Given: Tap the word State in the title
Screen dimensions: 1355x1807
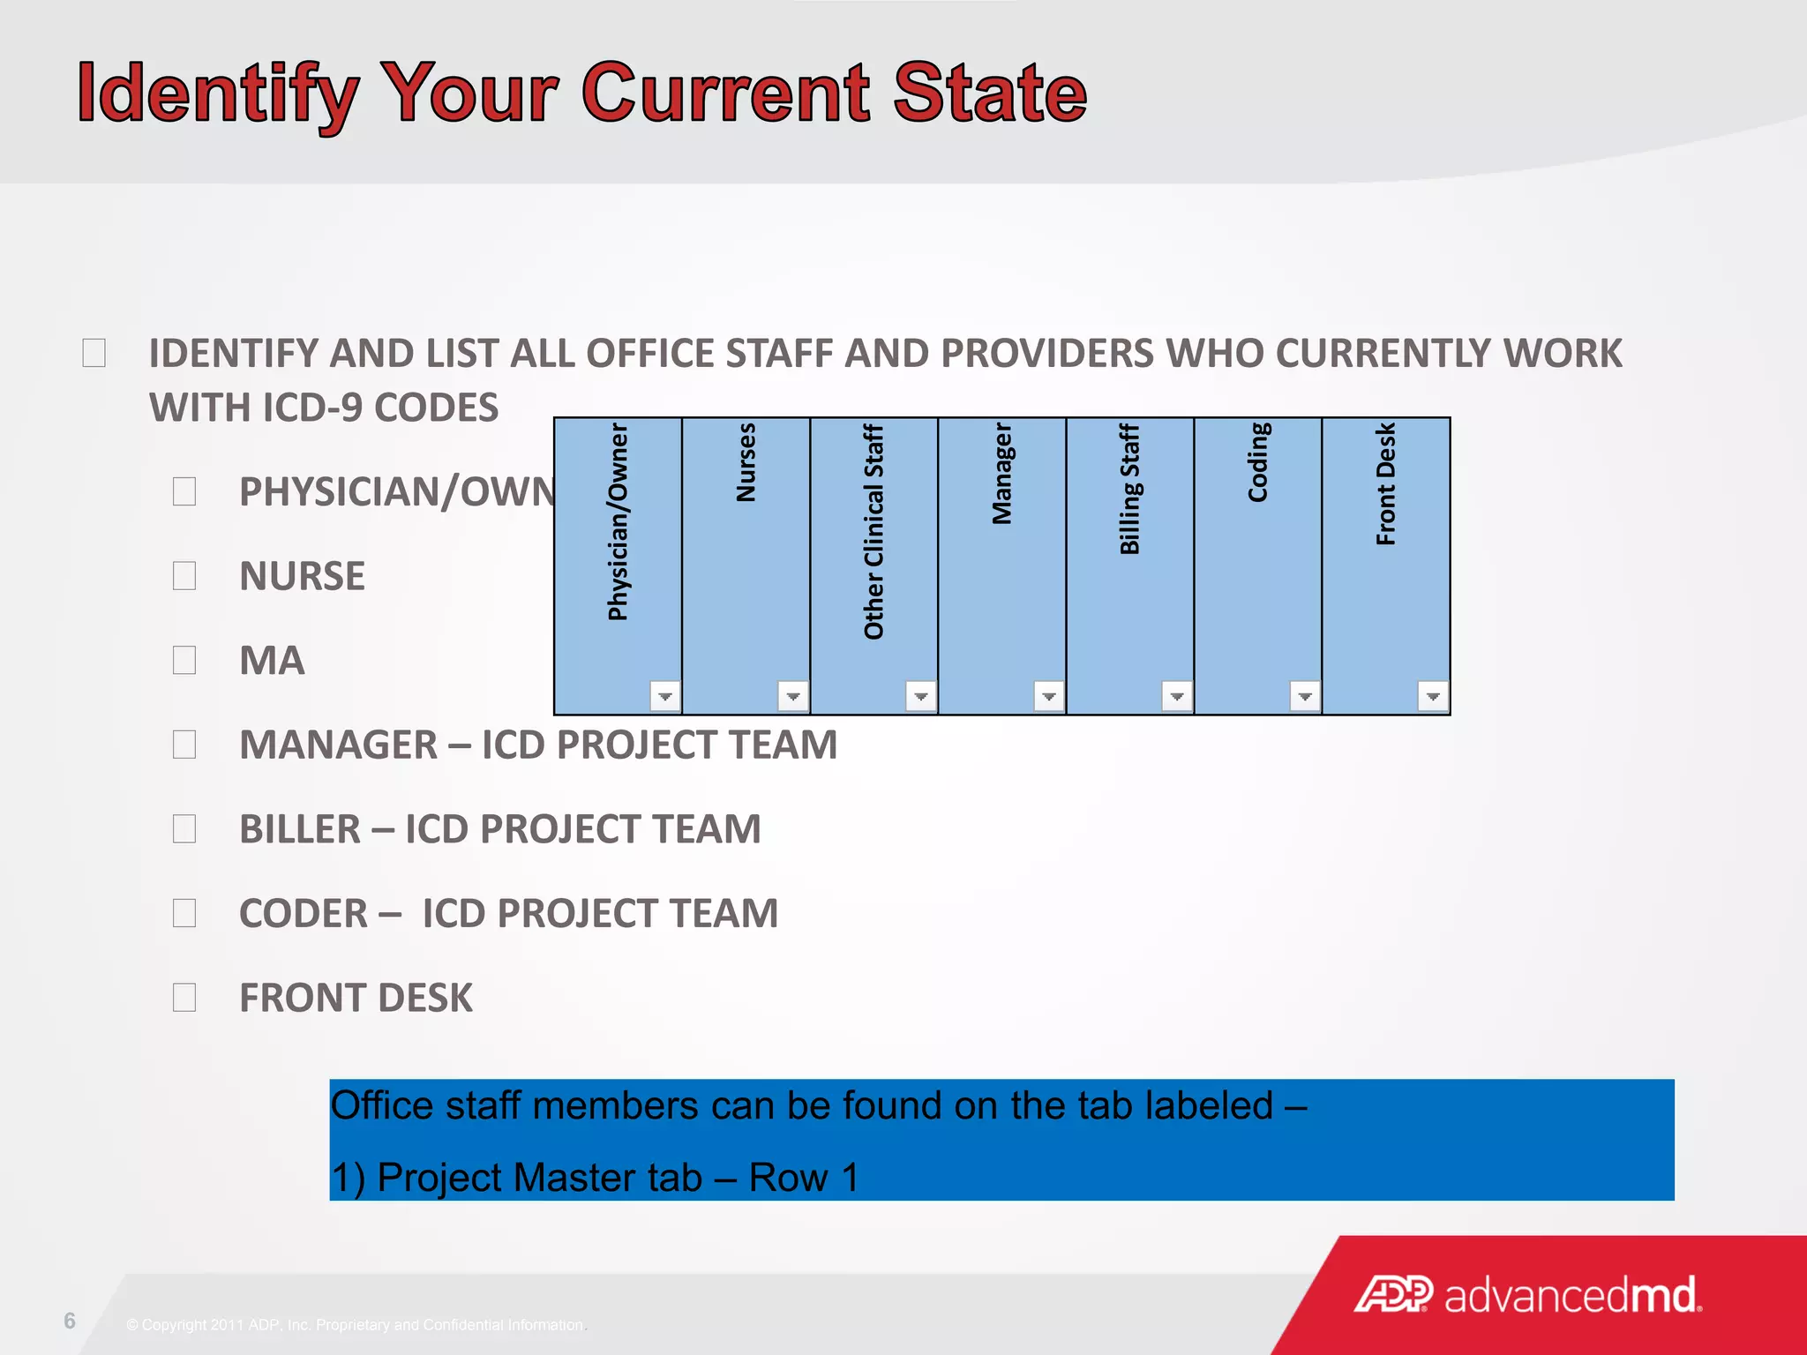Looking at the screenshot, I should point(989,94).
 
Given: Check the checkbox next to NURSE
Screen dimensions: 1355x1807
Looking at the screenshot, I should point(184,576).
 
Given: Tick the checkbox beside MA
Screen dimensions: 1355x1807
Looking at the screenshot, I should point(184,660).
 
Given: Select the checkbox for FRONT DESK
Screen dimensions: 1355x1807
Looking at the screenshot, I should point(184,998).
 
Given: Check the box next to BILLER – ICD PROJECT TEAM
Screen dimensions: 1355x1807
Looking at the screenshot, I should point(184,829).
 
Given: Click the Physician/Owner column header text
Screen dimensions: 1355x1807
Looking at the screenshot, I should point(618,522).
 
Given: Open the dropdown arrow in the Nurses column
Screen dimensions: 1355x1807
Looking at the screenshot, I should point(792,696).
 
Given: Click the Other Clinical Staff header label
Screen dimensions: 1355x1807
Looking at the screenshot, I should point(874,531).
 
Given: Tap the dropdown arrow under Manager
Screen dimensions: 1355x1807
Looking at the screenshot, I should point(1048,696).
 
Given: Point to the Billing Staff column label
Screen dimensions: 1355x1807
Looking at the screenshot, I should point(1129,489).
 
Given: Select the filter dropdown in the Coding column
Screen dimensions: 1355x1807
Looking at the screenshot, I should point(1304,696).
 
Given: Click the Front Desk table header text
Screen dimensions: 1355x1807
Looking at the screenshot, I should point(1385,483).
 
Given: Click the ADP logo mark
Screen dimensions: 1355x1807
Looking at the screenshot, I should point(1393,1295).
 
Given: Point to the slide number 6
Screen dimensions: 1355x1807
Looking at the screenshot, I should point(70,1321).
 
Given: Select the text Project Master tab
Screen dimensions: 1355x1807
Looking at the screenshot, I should point(539,1178).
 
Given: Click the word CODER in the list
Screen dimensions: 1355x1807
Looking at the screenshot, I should point(304,914).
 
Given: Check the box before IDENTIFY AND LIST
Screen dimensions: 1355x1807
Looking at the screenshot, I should point(94,353).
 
